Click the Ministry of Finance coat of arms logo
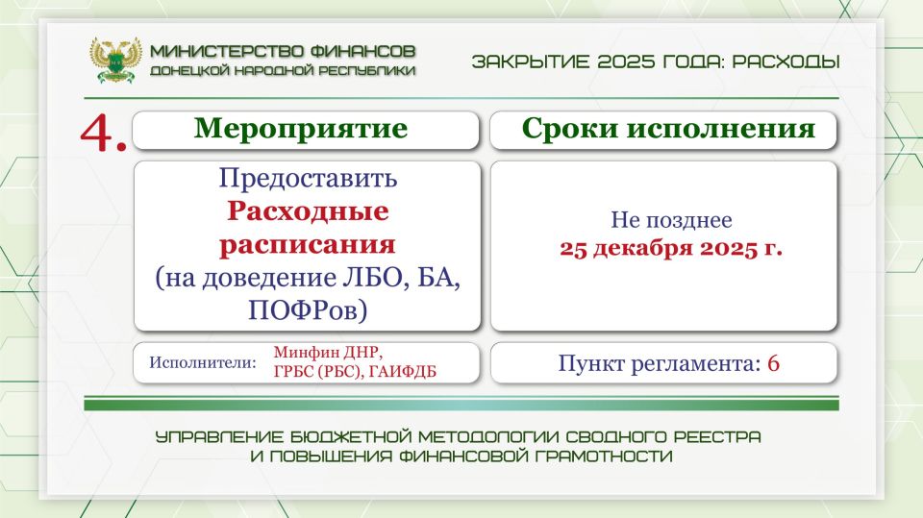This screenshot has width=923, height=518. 115,59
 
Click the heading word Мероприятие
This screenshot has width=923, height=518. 301,130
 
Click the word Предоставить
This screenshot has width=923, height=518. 307,179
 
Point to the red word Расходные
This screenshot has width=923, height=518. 307,210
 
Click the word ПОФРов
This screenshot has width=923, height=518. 307,309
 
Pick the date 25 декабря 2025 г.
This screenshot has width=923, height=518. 671,249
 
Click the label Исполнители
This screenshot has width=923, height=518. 203,363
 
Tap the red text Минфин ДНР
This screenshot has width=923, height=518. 321,353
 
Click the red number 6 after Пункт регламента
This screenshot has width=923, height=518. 773,363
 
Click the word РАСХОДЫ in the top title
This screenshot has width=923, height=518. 786,62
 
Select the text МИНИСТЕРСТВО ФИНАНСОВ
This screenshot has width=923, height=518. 284,50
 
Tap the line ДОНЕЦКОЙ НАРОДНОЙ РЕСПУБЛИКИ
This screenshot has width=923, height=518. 284,70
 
